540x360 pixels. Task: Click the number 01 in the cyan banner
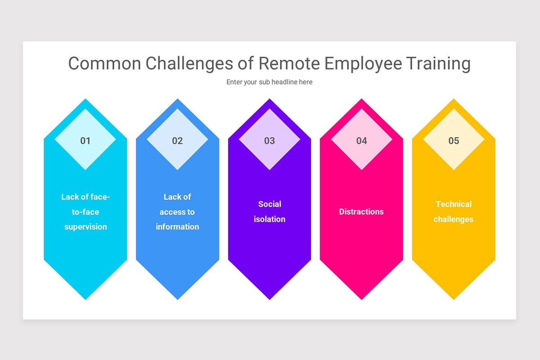(85, 141)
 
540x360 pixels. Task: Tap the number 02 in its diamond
(177, 141)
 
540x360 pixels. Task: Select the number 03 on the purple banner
(270, 141)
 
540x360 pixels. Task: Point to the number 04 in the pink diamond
(362, 141)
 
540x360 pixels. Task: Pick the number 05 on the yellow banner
(454, 141)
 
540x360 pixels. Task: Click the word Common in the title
(104, 63)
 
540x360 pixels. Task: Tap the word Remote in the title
(289, 63)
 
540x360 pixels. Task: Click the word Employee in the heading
(363, 63)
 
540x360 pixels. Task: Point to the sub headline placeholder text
(270, 82)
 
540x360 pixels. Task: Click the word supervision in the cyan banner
(85, 227)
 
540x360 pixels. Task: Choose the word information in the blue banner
(177, 227)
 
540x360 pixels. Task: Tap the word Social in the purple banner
(270, 204)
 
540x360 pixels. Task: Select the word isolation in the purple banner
(270, 219)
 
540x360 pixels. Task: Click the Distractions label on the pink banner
(361, 211)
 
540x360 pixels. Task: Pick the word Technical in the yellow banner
(454, 204)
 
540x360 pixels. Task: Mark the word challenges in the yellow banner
(454, 219)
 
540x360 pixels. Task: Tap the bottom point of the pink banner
(362, 297)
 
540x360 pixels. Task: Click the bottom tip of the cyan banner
(85, 297)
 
